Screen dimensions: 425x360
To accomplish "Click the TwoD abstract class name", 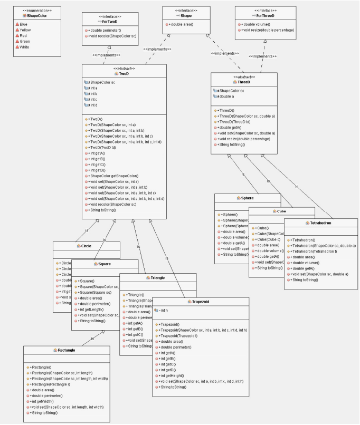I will coord(125,74).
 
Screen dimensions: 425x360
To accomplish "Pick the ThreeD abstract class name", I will coord(244,82).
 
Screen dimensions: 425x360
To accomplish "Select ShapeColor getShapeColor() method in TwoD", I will coord(114,176).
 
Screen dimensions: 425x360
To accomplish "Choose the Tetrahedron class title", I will coord(321,223).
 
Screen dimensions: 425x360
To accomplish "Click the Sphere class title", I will coord(248,198).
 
